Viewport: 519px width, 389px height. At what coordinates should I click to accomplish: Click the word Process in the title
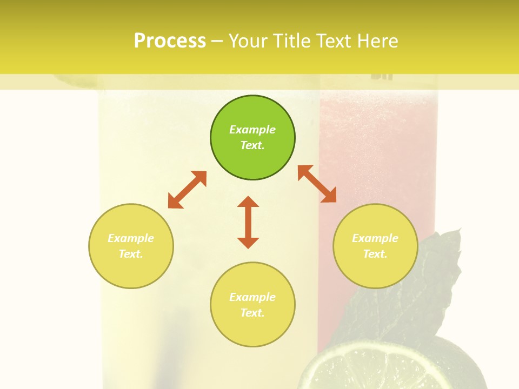tap(170, 41)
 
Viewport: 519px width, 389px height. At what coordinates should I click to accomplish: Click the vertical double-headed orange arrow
tap(248, 222)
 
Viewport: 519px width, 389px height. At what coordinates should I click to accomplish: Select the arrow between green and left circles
tap(187, 190)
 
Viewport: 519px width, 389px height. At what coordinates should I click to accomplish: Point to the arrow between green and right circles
tap(317, 184)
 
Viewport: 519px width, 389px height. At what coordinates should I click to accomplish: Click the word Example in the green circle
tap(252, 130)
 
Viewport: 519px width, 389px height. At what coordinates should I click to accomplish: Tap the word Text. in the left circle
tap(131, 254)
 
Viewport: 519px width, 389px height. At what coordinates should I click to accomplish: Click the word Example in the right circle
tap(375, 238)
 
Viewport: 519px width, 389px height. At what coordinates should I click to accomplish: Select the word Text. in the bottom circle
tap(252, 313)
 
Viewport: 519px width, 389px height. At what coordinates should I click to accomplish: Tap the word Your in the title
tap(248, 41)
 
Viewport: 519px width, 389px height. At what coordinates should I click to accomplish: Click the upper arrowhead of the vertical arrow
tap(248, 202)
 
